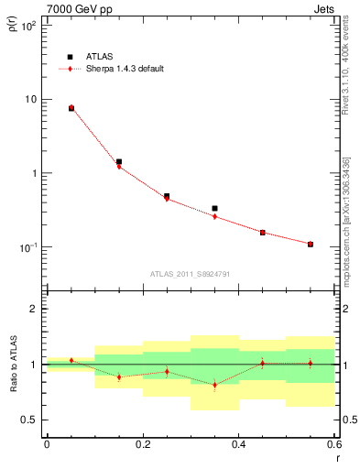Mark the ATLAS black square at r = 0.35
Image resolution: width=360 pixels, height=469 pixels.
click(214, 209)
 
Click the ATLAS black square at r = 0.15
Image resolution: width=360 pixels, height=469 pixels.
click(119, 161)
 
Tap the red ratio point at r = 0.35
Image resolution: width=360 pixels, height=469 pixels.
click(214, 385)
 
